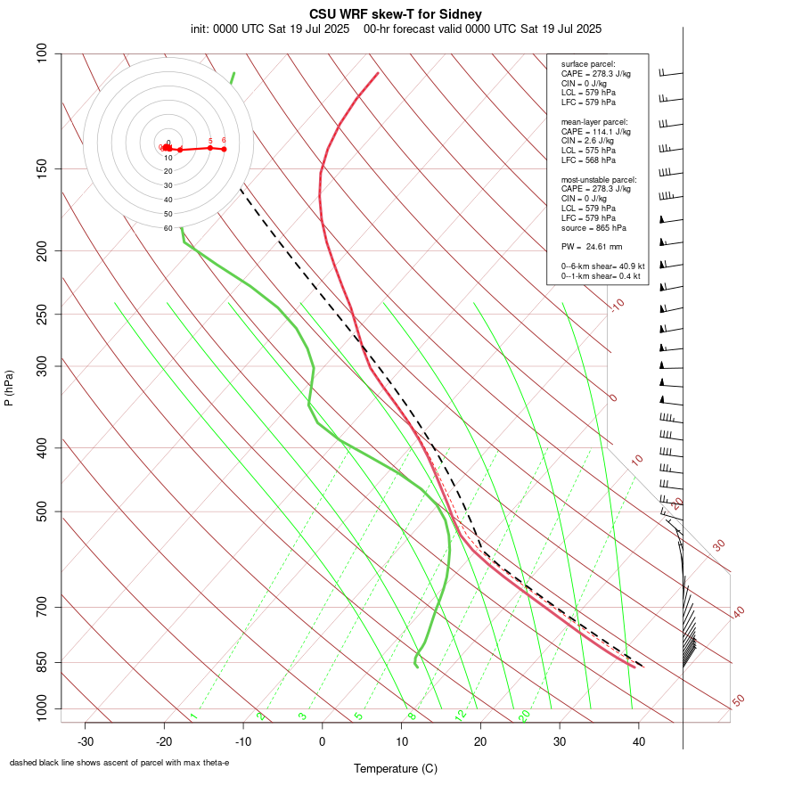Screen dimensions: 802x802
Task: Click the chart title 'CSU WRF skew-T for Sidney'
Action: point(396,14)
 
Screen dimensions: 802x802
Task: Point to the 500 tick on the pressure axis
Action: point(43,511)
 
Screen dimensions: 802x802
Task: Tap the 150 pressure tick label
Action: point(43,168)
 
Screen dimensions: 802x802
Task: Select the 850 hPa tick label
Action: point(43,662)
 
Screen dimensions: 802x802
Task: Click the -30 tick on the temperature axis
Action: point(86,741)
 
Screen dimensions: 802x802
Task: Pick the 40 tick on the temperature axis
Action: point(638,741)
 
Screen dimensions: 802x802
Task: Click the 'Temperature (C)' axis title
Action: point(396,768)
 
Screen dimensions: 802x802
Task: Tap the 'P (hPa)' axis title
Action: point(9,388)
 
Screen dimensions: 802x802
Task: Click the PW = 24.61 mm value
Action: point(592,247)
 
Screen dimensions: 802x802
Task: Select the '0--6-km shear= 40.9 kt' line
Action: point(602,266)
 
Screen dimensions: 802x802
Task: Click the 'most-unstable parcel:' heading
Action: point(599,179)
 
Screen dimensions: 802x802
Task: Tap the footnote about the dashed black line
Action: point(119,763)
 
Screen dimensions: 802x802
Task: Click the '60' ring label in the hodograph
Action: point(168,228)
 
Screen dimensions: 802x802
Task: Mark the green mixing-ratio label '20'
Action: point(524,716)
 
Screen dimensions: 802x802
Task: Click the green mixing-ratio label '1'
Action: point(192,716)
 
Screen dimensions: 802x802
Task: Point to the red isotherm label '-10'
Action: point(617,306)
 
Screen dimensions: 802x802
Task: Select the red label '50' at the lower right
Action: point(738,701)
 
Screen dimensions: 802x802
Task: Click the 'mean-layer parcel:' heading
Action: point(594,121)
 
